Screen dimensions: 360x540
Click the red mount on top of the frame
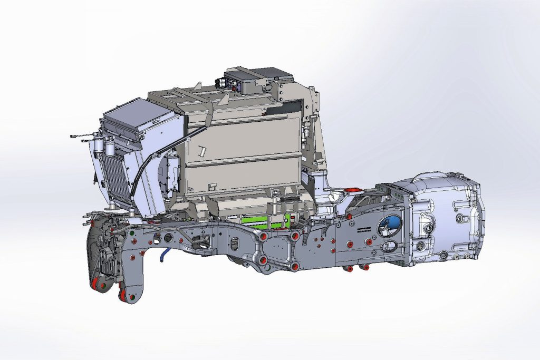(352, 190)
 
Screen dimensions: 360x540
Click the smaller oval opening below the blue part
(393, 246)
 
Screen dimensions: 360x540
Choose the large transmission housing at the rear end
(446, 216)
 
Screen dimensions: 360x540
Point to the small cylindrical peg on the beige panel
(201, 151)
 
